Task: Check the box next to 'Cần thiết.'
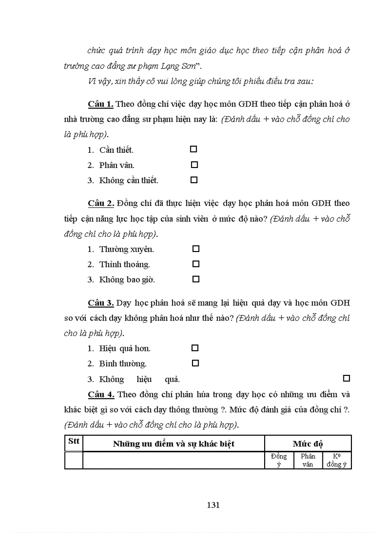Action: click(193, 149)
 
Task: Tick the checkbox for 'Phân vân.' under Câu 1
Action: click(194, 165)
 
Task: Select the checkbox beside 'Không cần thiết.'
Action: click(193, 180)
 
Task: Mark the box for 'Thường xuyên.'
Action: click(195, 249)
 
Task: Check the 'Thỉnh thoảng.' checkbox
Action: click(195, 264)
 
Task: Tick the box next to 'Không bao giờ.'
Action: click(195, 279)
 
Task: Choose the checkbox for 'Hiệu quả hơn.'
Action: click(195, 348)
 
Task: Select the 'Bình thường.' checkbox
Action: click(195, 363)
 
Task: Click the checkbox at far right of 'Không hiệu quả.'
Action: click(346, 378)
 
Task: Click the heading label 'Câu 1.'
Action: click(101, 104)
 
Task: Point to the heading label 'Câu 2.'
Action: click(101, 204)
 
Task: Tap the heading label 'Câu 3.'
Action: click(101, 303)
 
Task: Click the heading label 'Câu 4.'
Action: click(101, 394)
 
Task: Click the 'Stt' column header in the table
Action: click(74, 441)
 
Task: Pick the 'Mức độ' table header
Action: click(308, 444)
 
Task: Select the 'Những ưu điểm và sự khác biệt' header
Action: click(174, 444)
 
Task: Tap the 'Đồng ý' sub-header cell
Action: click(279, 460)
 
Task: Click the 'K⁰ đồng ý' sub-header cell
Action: click(337, 460)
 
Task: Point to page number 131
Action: click(213, 505)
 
